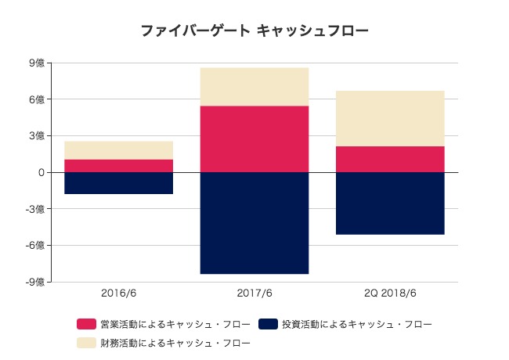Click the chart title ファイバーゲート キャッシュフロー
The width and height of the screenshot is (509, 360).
[x=254, y=31]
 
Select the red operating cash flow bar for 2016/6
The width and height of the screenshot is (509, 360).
[x=119, y=165]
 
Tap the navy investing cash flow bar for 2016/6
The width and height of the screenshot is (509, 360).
[x=119, y=182]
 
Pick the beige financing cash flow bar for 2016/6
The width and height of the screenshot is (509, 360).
[x=119, y=150]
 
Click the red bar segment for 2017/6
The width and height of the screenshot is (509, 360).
[x=254, y=139]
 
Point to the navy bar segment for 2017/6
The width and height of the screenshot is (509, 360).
[x=254, y=223]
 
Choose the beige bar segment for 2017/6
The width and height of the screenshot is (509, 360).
[x=254, y=86]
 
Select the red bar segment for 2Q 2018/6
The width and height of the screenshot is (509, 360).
[x=390, y=159]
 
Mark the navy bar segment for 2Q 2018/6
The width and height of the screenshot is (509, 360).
[x=390, y=203]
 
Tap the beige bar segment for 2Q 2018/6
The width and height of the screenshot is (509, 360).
[x=390, y=118]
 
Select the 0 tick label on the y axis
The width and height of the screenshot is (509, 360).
[x=41, y=172]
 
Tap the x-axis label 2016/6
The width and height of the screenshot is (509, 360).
[x=119, y=293]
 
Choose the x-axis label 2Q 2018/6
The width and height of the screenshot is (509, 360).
[x=390, y=293]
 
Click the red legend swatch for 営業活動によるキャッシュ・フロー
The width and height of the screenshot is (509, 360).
[x=86, y=323]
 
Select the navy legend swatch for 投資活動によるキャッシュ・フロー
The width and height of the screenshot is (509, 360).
[x=268, y=323]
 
